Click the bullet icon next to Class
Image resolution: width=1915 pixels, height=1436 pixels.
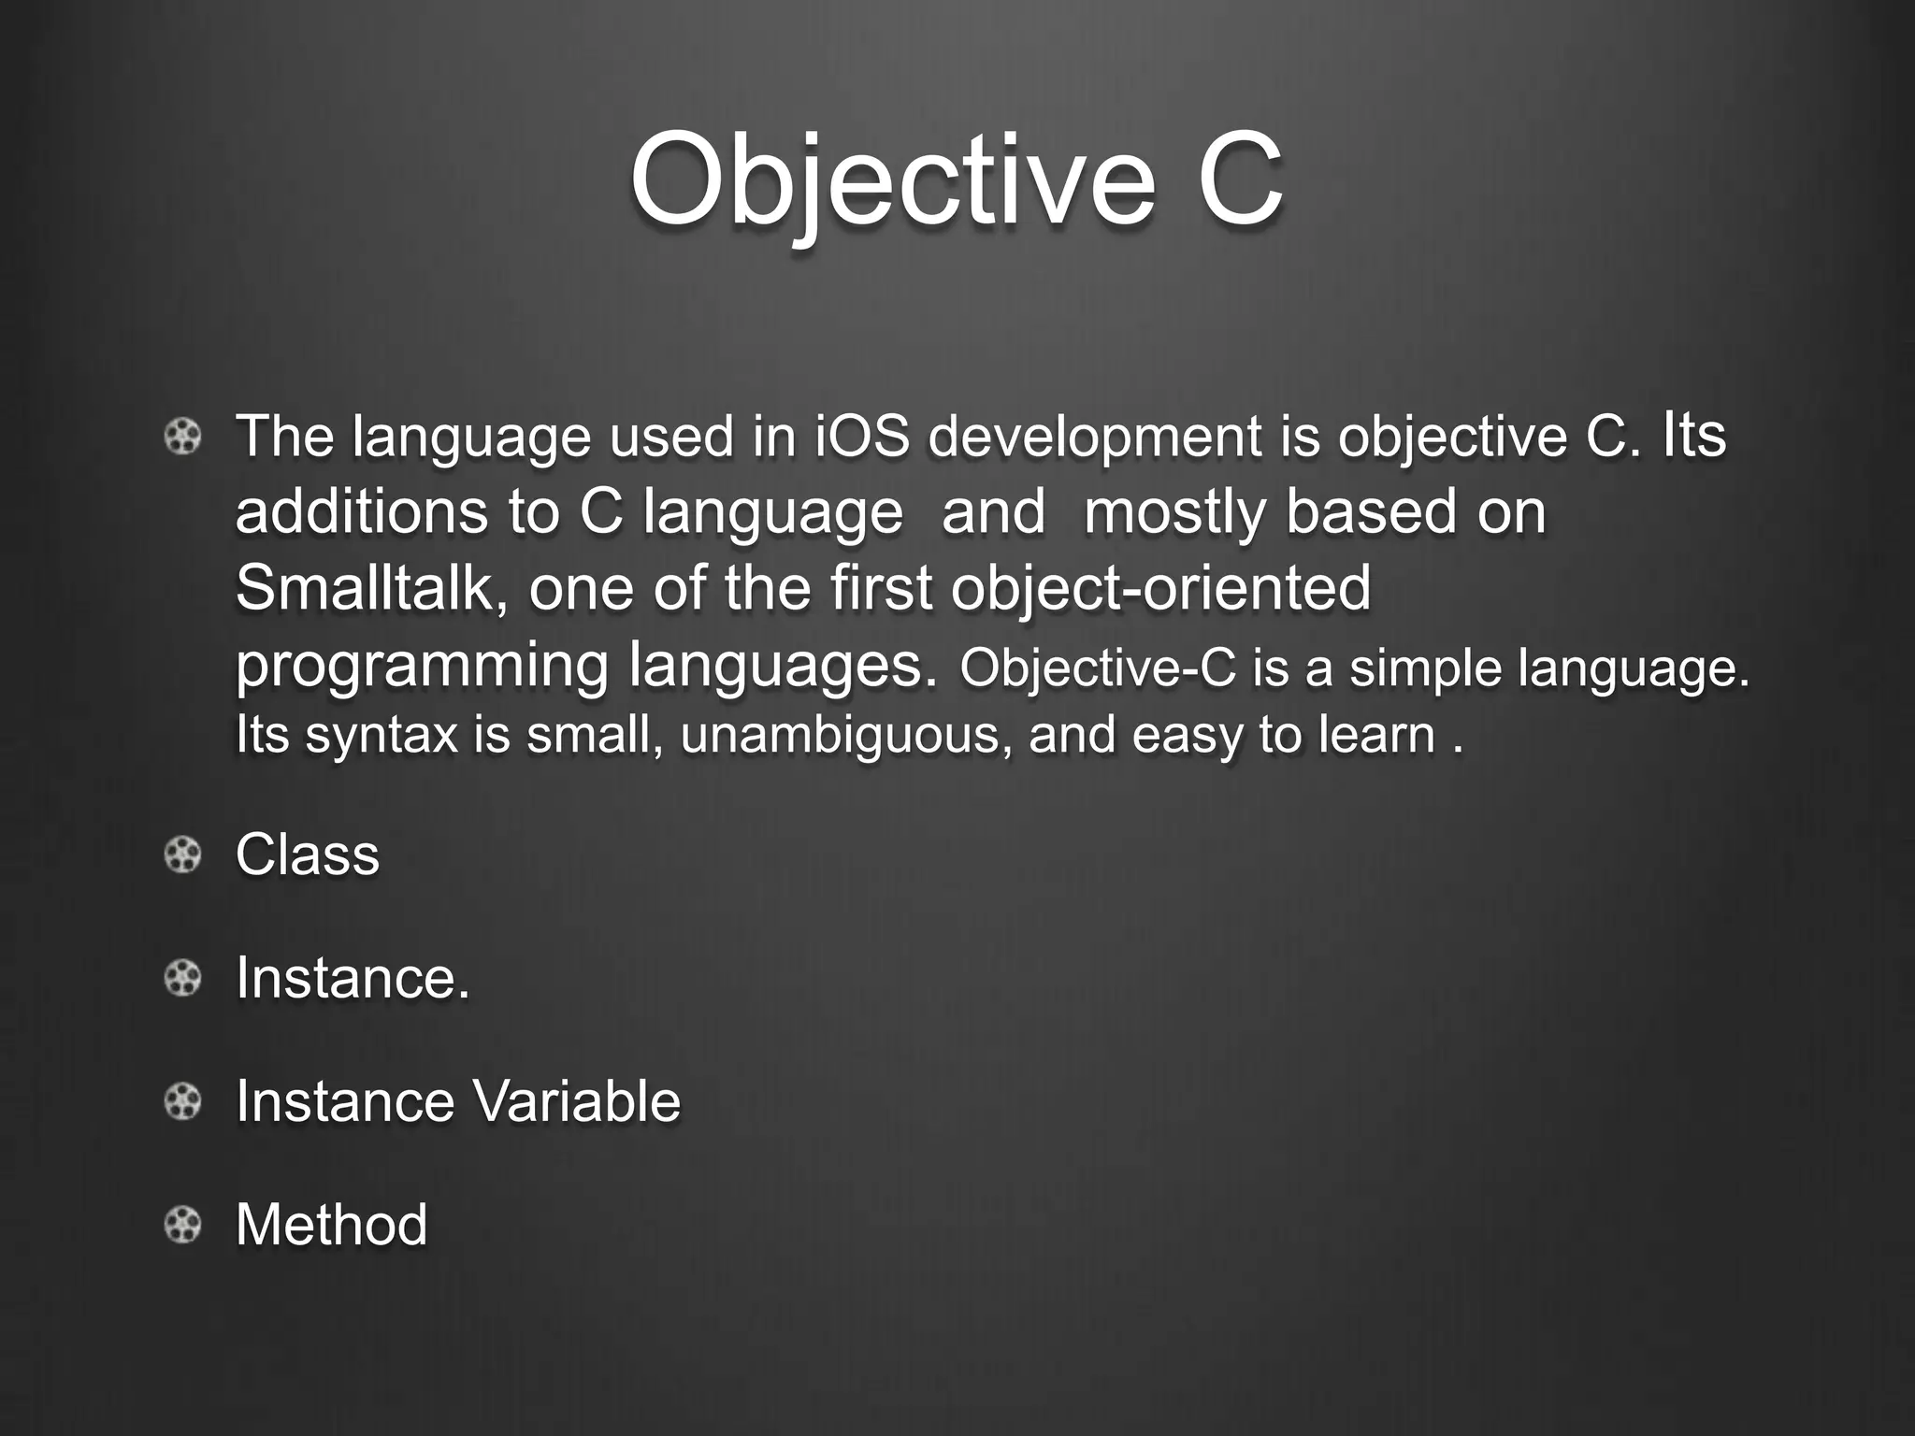pos(183,854)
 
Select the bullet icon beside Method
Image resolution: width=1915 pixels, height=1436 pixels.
pos(183,1225)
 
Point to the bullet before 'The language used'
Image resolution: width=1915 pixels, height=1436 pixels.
pos(183,437)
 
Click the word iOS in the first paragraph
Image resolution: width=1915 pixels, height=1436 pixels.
pos(861,437)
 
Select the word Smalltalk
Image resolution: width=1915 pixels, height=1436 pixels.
pos(363,588)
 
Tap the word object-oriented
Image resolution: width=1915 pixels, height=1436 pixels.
pos(1160,588)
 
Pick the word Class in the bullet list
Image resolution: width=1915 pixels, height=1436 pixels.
pos(307,854)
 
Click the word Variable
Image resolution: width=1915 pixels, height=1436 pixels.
pos(576,1101)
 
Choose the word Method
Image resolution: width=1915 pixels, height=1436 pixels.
pos(331,1225)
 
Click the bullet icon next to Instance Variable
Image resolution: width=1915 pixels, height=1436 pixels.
pos(183,1101)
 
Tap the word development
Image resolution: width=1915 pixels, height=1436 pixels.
pos(1095,437)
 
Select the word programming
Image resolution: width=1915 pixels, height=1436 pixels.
pos(421,666)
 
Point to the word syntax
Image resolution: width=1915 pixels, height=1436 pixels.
pos(382,735)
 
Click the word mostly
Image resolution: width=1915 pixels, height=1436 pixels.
pos(1173,512)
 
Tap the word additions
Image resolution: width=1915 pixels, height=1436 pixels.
pos(361,512)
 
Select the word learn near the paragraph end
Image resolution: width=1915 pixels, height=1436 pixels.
pos(1376,735)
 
